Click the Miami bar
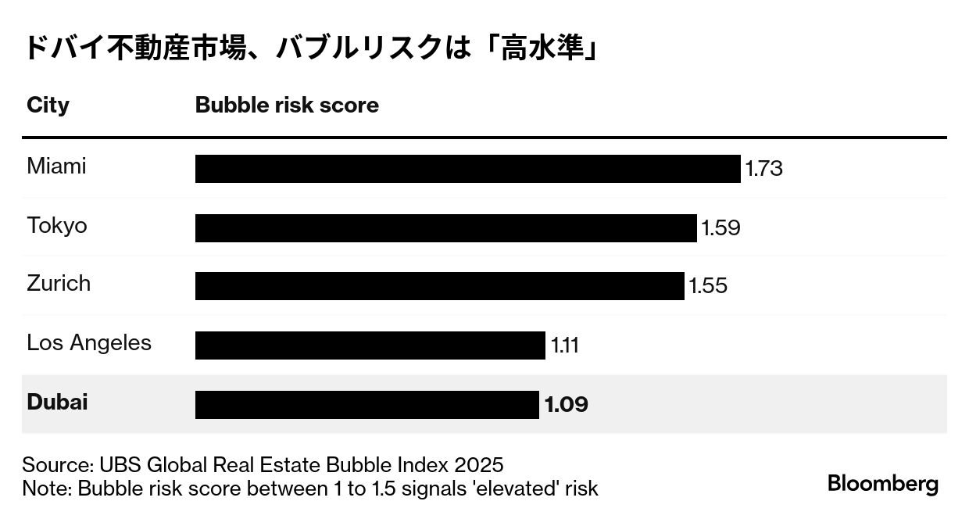(467, 169)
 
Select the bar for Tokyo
(445, 228)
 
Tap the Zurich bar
(439, 286)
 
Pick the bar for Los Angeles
(370, 345)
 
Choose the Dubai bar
(367, 404)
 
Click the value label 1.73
(763, 169)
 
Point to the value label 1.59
(720, 228)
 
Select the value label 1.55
(708, 286)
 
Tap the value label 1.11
(564, 345)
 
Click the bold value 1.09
(566, 405)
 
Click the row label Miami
(56, 166)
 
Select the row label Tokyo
(57, 226)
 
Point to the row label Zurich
(59, 283)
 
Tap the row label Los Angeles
(89, 343)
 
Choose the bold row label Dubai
(57, 403)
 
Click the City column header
(48, 106)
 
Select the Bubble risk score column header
(287, 106)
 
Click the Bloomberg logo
(883, 484)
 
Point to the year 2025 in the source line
(478, 464)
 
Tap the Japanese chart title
(310, 48)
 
